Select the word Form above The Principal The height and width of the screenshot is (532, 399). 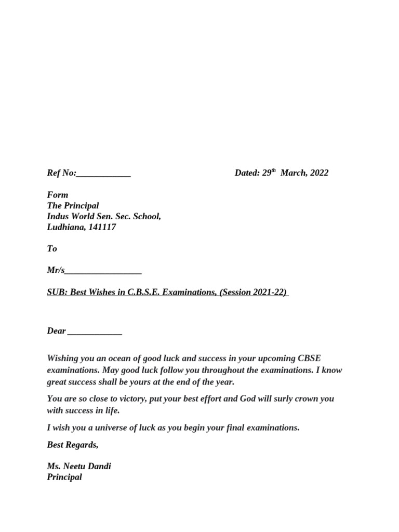coord(57,195)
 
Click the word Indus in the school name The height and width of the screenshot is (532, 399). coord(58,216)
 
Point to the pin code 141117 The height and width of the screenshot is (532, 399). coord(102,227)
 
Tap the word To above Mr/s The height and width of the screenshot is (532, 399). coord(52,248)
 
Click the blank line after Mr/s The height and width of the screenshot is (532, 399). coord(103,271)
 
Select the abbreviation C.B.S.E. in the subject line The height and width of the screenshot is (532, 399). coord(144,292)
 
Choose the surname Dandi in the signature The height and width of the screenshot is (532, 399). coord(99,466)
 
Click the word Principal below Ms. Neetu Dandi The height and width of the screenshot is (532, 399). coord(64,477)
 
